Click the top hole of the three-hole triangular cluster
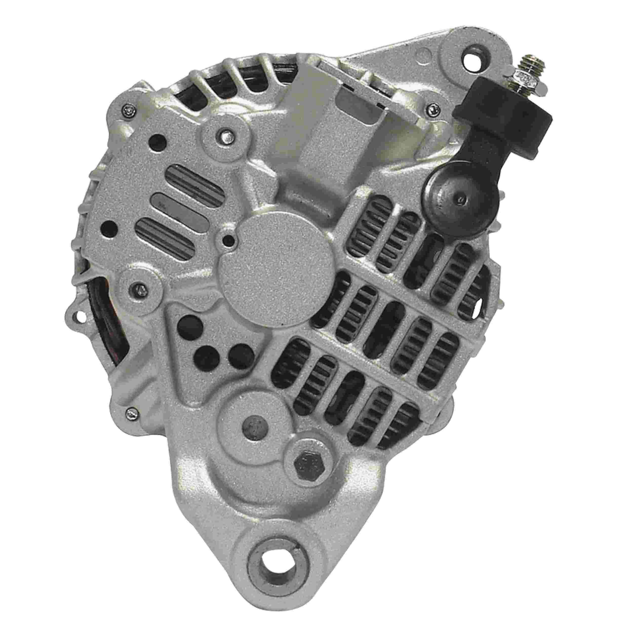click(x=189, y=324)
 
